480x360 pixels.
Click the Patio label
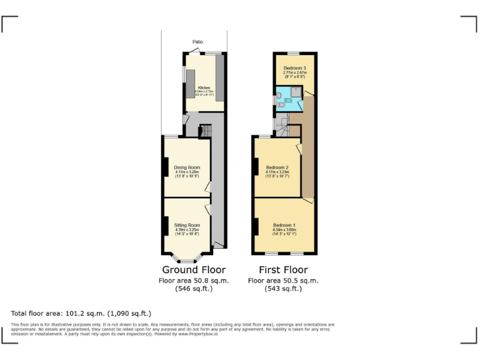197,42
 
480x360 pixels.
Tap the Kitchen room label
204,87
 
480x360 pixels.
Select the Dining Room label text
187,167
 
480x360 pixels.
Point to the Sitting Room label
187,224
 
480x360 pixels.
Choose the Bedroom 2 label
277,167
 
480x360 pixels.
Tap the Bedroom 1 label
284,224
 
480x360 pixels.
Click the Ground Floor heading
194,270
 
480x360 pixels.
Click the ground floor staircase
206,131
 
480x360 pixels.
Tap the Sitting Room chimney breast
166,225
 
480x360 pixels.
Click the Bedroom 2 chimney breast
256,167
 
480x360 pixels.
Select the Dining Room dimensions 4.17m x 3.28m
187,172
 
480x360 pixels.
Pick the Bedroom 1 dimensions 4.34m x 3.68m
284,229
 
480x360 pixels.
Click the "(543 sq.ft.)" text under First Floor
284,289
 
